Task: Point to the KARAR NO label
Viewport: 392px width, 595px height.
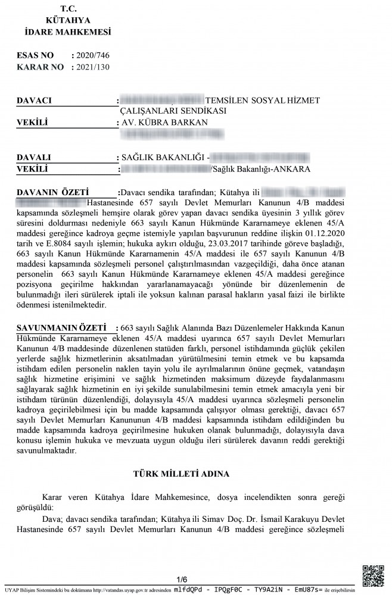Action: (41, 67)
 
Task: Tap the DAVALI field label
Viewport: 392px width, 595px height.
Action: (34, 158)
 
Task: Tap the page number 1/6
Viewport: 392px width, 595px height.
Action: (182, 579)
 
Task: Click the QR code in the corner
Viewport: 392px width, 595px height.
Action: (374, 573)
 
